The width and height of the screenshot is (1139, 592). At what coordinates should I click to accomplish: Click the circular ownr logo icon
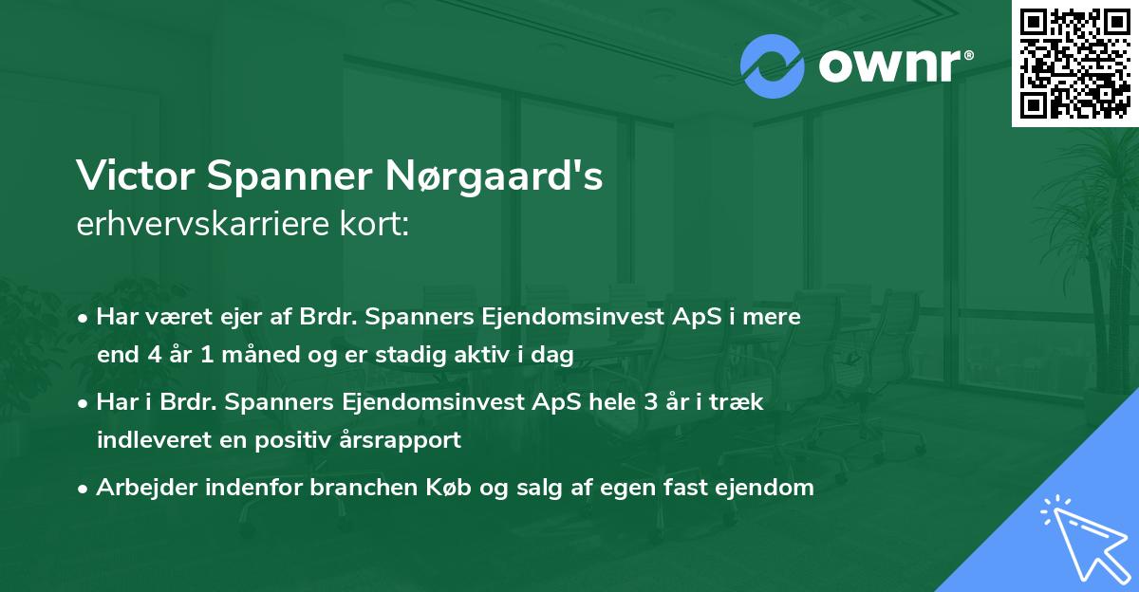[x=773, y=66]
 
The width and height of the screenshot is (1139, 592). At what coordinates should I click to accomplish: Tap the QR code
[x=1075, y=63]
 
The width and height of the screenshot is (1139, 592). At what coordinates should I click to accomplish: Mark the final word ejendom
[x=766, y=488]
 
